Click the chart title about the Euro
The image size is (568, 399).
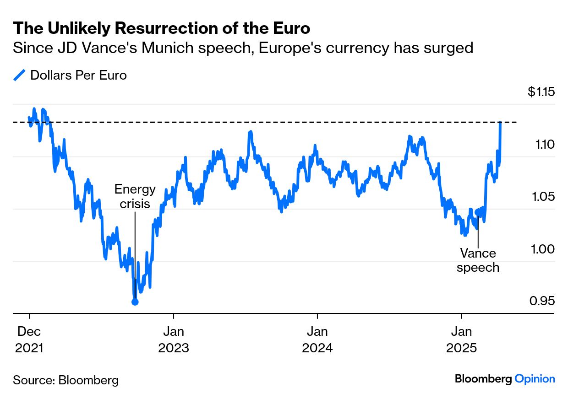(x=162, y=28)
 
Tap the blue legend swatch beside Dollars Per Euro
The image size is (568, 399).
(x=20, y=75)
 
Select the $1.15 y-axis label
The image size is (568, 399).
(x=541, y=92)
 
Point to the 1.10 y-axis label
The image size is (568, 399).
(x=544, y=145)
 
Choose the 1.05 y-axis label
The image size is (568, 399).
(x=543, y=197)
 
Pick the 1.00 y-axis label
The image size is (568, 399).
(x=543, y=249)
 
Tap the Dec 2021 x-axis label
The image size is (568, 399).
(x=29, y=339)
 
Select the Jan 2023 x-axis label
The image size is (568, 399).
(x=173, y=339)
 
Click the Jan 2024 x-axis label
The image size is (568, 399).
(x=317, y=339)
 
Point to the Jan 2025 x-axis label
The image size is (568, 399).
(x=461, y=339)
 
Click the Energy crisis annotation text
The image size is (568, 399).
(x=135, y=196)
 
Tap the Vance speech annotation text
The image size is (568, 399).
(x=478, y=260)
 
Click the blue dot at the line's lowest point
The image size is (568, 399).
(x=135, y=302)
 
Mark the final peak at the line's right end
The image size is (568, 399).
(x=501, y=123)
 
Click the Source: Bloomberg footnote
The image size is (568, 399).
(x=66, y=380)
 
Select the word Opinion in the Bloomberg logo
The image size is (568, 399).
(x=535, y=379)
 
